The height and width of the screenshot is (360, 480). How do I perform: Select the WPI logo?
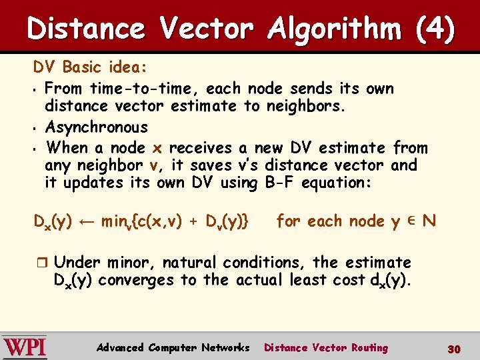(x=24, y=347)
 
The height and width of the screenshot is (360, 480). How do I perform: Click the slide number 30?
(x=454, y=349)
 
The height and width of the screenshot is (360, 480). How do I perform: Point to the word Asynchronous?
(x=96, y=127)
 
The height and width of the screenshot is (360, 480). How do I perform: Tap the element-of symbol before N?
(x=411, y=221)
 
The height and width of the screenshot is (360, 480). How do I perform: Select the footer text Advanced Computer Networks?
(x=173, y=347)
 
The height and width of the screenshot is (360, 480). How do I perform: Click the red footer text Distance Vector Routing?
(x=325, y=347)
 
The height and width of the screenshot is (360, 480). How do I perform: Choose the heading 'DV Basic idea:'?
(x=91, y=67)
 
